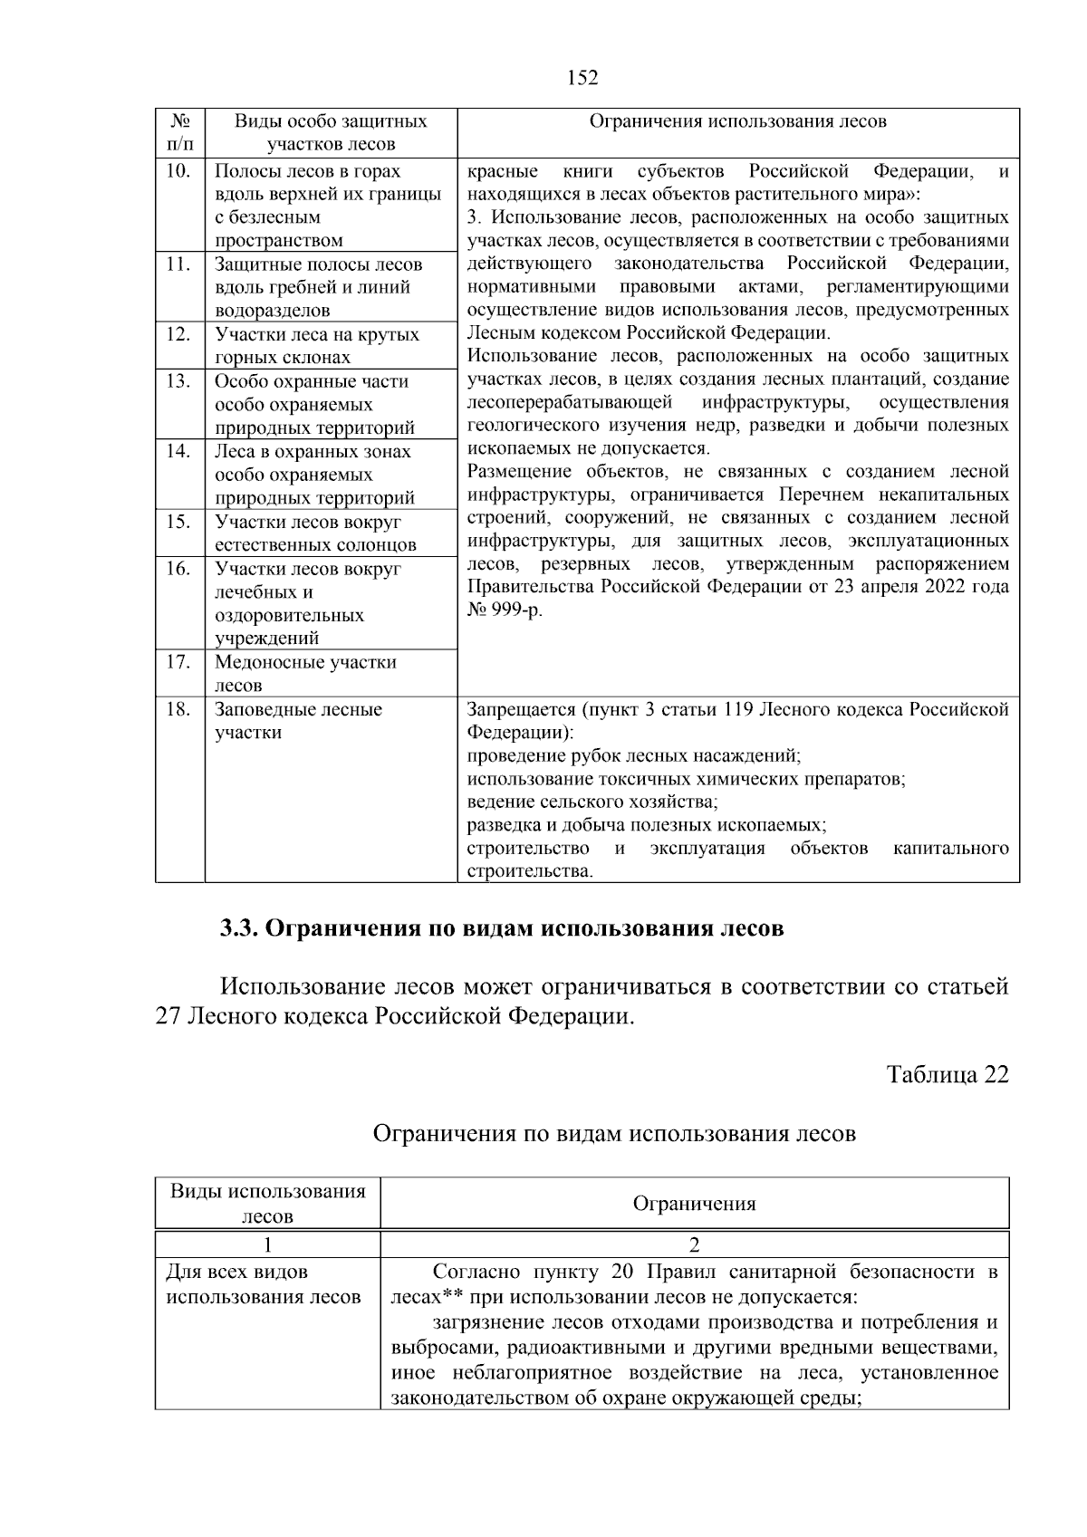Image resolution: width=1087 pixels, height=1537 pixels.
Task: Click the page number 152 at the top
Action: (582, 78)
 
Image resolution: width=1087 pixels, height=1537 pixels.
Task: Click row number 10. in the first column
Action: (178, 171)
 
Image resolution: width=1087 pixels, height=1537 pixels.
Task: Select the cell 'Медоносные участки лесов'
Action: (305, 673)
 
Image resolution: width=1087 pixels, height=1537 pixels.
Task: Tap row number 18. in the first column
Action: (178, 709)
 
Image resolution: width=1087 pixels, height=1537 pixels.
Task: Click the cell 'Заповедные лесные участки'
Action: (298, 721)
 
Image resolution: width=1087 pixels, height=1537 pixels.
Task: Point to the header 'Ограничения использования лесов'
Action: (737, 121)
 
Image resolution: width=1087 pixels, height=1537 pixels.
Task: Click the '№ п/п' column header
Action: (179, 132)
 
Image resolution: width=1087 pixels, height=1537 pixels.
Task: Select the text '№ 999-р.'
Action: (505, 610)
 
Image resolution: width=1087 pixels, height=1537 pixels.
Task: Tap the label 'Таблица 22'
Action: (947, 1074)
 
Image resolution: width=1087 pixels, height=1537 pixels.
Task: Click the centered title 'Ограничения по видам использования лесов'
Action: (614, 1133)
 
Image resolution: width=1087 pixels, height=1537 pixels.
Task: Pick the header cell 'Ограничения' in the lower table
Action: (694, 1204)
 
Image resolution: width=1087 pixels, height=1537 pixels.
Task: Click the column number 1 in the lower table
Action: (267, 1244)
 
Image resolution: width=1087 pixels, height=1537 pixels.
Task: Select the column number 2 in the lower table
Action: (694, 1244)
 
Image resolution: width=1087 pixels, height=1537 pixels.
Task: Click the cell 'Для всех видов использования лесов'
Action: (263, 1284)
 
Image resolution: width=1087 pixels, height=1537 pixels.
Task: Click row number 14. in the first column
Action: (178, 451)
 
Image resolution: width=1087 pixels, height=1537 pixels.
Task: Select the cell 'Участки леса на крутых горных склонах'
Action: (316, 345)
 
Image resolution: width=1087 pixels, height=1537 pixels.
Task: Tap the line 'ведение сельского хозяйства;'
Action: (592, 802)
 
